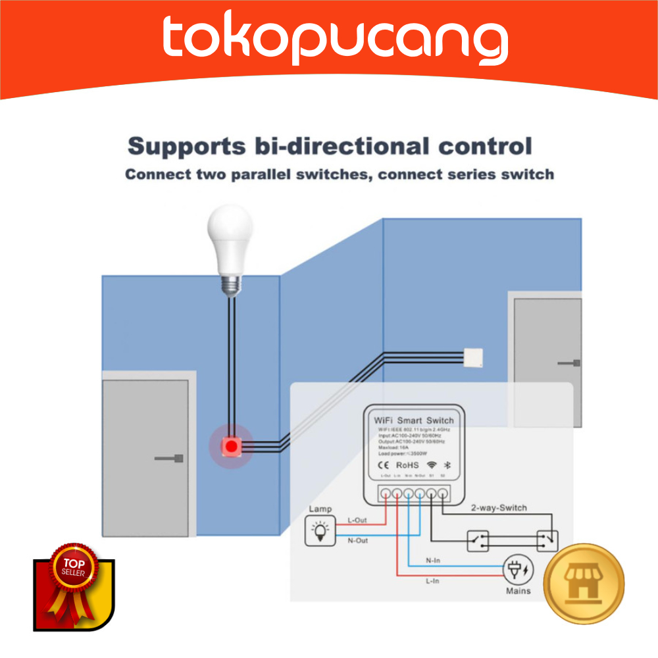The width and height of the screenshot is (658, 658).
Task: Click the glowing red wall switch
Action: click(231, 447)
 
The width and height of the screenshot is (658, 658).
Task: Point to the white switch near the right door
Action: click(474, 357)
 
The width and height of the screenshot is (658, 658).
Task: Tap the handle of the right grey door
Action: click(570, 363)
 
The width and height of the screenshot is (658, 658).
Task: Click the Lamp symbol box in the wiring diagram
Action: click(320, 530)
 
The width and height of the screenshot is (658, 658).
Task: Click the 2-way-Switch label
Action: click(499, 508)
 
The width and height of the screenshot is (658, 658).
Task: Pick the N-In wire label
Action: click(432, 561)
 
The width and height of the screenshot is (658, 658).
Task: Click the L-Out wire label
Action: click(357, 520)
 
